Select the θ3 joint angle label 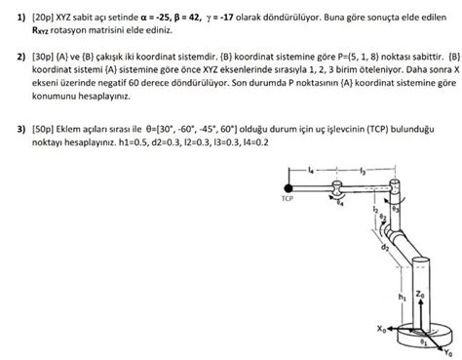pos(395,208)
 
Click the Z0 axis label pos(420,292)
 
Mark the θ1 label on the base pos(421,341)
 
